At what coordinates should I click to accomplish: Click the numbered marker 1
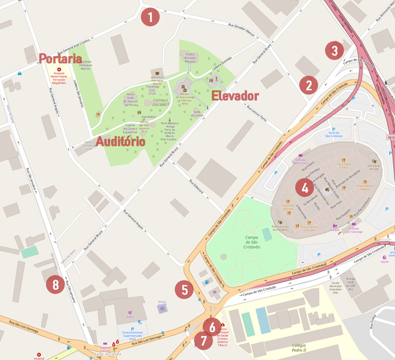151,17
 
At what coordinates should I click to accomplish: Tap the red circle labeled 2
308,85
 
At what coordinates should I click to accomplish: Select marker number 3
335,50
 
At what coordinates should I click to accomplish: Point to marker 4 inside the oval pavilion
304,188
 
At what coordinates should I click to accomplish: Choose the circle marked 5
184,290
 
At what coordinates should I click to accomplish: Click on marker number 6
210,326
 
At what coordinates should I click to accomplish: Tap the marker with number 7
203,341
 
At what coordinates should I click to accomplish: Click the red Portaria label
60,58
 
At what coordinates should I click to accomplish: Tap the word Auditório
121,142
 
